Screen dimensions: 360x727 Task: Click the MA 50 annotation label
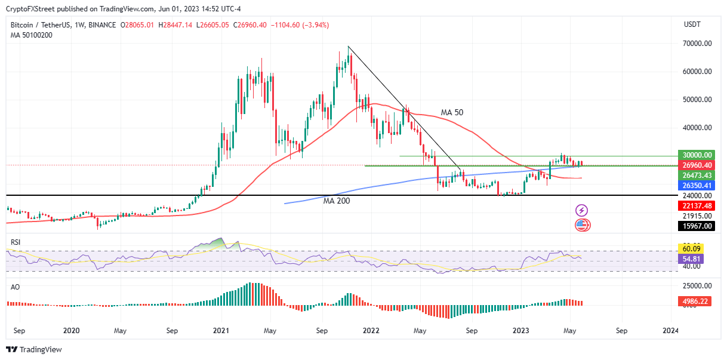click(452, 112)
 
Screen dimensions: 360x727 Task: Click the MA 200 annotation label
click(337, 201)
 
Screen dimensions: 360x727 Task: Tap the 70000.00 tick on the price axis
click(697, 44)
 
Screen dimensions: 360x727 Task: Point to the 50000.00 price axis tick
click(697, 100)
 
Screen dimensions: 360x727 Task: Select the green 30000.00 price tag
click(697, 154)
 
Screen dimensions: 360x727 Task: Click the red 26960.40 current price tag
click(697, 165)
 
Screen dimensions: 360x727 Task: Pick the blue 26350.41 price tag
click(697, 186)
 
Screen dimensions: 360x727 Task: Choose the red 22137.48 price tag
click(697, 205)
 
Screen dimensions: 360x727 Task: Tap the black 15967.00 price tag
click(697, 226)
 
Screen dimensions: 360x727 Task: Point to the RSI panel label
click(16, 242)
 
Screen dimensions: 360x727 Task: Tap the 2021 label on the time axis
click(221, 330)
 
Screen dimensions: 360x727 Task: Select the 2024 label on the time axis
click(670, 330)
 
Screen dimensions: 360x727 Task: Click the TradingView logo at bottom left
click(34, 349)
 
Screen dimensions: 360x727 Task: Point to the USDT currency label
click(692, 24)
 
